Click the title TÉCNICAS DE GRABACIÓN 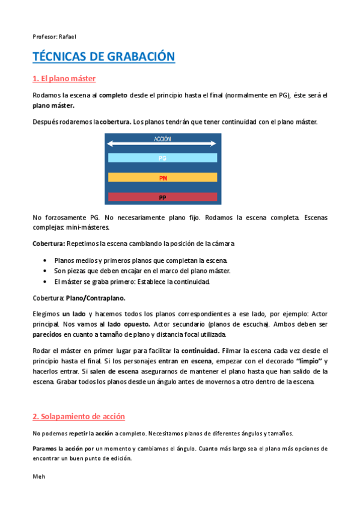coord(103,57)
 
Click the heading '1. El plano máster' coord(64,79)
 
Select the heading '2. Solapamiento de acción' coord(79,416)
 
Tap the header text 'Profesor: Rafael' coord(54,37)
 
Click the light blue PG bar coord(162,158)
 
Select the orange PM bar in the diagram coord(162,177)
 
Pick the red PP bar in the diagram coord(162,197)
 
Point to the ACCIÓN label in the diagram coord(162,139)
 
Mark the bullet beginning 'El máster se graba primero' coord(132,282)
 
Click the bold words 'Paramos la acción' coord(58,449)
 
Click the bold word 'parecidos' coord(47,333)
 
